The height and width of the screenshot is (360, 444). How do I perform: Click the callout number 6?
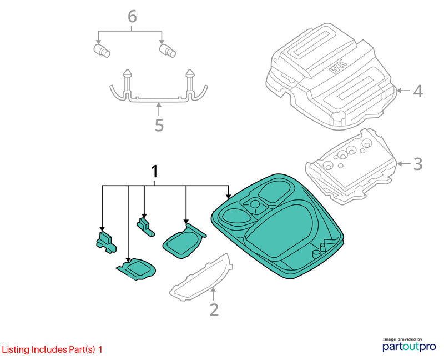coord(132,17)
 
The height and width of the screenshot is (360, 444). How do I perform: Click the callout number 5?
coord(159,125)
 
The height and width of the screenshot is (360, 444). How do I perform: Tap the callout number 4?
coord(418,91)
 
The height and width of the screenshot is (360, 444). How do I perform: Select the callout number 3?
coord(418,164)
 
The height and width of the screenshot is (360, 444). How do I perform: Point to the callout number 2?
coord(214,310)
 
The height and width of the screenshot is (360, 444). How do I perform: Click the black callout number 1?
coord(154,172)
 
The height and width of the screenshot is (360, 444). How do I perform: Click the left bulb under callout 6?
coord(102,51)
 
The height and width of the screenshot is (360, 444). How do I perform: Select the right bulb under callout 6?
coord(168,51)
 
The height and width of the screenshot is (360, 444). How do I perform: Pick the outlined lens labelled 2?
coord(201,277)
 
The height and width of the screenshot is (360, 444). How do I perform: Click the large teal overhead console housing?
coord(279,227)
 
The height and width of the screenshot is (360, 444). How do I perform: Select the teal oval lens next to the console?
coord(184,242)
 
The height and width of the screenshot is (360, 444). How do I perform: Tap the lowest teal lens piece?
coord(136,269)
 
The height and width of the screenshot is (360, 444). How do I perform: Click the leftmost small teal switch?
coord(106,243)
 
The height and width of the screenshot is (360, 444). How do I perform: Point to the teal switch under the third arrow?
coord(145,227)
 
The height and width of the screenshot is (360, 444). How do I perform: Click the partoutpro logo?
coord(409,345)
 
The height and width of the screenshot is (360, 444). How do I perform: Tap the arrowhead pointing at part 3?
coord(399,164)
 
